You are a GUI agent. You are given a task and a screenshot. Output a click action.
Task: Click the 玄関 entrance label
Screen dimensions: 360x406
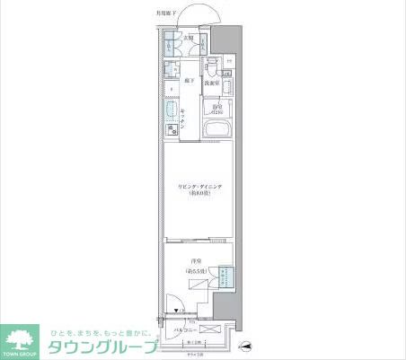click(x=189, y=39)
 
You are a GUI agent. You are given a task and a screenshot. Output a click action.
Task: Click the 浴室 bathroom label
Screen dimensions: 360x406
click(x=216, y=110)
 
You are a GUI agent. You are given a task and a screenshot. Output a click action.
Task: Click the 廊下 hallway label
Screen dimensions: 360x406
click(x=189, y=81)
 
